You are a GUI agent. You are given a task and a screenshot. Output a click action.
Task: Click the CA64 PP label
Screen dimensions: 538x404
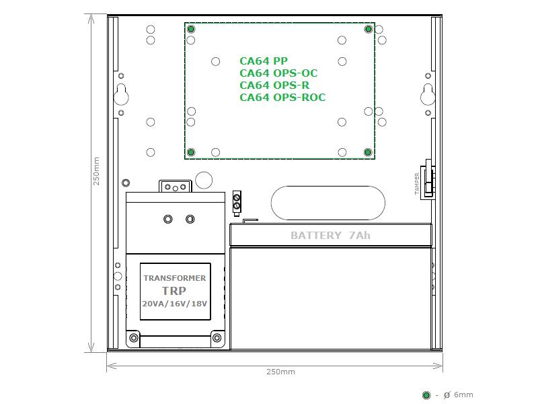point(264,61)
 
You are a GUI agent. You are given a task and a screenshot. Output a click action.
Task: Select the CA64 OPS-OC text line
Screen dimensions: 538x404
point(278,73)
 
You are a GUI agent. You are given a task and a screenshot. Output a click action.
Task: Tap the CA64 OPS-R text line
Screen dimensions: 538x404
point(274,86)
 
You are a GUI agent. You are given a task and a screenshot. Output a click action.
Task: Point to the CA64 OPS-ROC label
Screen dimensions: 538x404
point(282,97)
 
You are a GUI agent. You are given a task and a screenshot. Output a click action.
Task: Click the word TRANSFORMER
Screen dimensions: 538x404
point(175,278)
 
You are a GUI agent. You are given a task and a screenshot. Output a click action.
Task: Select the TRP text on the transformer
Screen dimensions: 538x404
point(174,291)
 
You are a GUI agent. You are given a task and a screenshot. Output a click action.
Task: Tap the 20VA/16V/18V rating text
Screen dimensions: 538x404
point(175,304)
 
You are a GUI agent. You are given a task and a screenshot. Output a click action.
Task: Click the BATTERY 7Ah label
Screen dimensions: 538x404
point(330,235)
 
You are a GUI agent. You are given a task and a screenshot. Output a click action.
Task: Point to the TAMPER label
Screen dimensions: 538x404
point(417,184)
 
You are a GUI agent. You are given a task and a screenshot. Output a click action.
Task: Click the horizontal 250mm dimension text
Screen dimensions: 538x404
point(280,372)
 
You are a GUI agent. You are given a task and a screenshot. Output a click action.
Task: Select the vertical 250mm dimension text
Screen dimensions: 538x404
point(96,171)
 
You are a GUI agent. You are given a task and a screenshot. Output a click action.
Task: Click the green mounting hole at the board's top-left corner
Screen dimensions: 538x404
point(191,29)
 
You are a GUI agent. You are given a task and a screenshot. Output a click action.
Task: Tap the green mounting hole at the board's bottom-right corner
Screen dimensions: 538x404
point(368,152)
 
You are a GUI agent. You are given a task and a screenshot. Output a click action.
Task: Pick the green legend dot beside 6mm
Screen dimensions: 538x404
point(426,395)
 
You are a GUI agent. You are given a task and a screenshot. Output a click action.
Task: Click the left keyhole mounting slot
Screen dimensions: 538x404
point(121,94)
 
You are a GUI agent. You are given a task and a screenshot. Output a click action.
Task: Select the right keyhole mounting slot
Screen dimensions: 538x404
point(428,94)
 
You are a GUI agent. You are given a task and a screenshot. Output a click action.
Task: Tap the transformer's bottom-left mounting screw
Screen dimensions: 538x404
point(134,338)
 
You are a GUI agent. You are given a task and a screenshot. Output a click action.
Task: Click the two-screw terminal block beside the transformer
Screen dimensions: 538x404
point(237,203)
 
